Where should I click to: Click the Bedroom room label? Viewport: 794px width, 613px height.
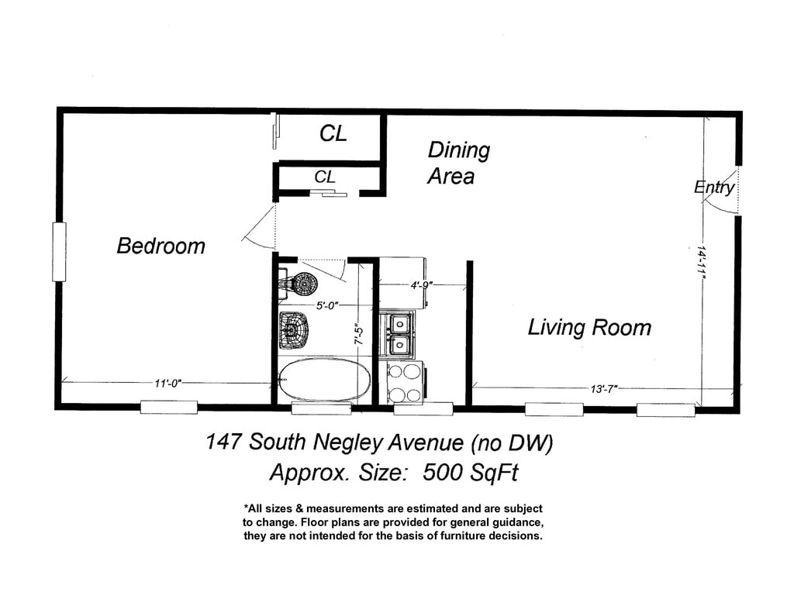point(161,246)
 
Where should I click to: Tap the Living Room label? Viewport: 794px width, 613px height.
point(589,328)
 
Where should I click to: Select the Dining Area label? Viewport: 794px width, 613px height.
point(458,163)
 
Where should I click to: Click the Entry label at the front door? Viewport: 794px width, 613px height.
point(714,188)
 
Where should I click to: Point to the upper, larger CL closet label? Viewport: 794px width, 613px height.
point(333,133)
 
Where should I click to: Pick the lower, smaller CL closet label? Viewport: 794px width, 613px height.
point(325,177)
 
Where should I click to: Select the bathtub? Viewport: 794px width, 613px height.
point(324,380)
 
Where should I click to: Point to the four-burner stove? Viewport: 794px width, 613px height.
point(406,383)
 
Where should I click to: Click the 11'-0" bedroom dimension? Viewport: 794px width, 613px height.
point(167,384)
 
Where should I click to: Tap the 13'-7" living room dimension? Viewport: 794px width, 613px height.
point(603,389)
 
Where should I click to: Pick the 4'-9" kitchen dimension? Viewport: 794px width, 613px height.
point(421,285)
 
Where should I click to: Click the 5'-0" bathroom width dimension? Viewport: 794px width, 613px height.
point(327,306)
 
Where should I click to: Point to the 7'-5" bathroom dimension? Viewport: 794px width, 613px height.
point(358,334)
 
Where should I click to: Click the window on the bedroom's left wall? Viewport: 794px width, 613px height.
point(59,252)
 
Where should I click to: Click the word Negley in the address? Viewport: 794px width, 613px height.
point(348,443)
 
